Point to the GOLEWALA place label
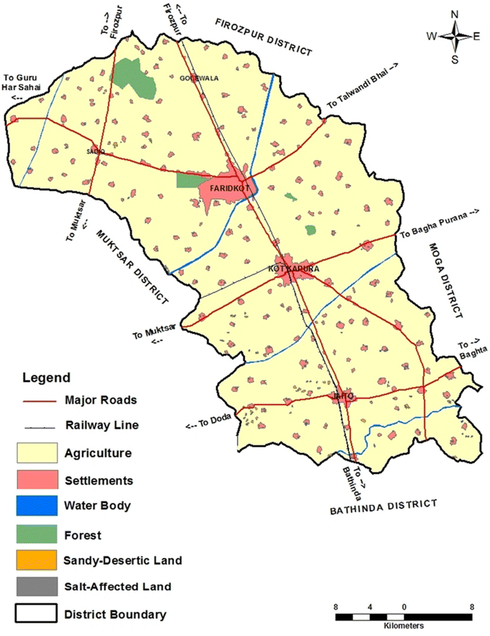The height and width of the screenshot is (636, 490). [x=199, y=78]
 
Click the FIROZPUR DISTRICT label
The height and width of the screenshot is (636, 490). [x=263, y=35]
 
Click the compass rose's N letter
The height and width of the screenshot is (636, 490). [x=454, y=15]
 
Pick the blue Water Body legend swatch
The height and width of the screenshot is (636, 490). [x=39, y=505]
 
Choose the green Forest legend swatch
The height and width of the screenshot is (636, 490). [x=39, y=533]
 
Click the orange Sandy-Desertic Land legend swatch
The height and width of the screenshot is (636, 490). [x=39, y=560]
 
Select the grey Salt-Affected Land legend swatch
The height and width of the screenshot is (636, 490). [x=39, y=586]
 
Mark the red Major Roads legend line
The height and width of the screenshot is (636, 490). [x=39, y=399]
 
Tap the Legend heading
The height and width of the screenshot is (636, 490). [x=46, y=378]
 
